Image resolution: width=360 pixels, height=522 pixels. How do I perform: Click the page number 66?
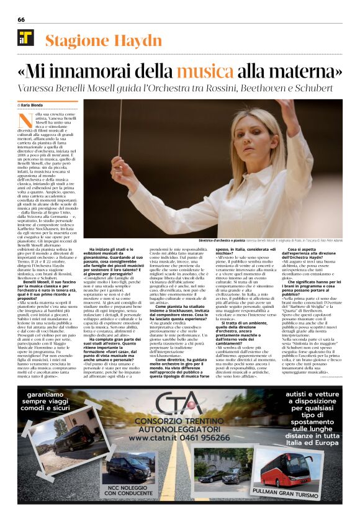21,19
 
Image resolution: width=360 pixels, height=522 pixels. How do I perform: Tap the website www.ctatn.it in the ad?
153,438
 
